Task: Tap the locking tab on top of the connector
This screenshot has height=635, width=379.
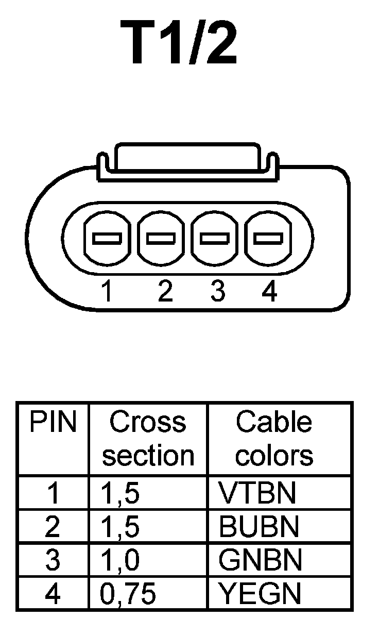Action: tap(187, 158)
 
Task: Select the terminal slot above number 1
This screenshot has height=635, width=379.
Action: tap(107, 238)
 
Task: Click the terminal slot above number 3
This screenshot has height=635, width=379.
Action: tap(215, 238)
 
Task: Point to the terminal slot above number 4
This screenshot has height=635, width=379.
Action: tap(268, 238)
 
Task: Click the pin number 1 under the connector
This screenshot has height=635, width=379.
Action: tap(107, 292)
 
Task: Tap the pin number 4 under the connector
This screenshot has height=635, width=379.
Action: tap(269, 292)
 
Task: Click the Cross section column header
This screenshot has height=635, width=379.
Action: tap(148, 439)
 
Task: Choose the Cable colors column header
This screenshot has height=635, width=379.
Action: tap(274, 439)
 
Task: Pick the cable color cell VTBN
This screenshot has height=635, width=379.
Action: tap(257, 493)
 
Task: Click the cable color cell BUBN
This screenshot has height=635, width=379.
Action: tap(259, 526)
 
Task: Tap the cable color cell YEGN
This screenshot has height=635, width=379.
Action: tap(260, 594)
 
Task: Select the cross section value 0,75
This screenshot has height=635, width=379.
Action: tap(127, 594)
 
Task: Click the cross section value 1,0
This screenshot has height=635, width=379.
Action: tap(120, 560)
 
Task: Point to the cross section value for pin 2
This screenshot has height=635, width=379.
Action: tap(120, 526)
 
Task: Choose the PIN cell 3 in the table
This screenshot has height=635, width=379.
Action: tap(53, 560)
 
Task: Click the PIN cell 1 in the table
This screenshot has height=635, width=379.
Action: tap(53, 493)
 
